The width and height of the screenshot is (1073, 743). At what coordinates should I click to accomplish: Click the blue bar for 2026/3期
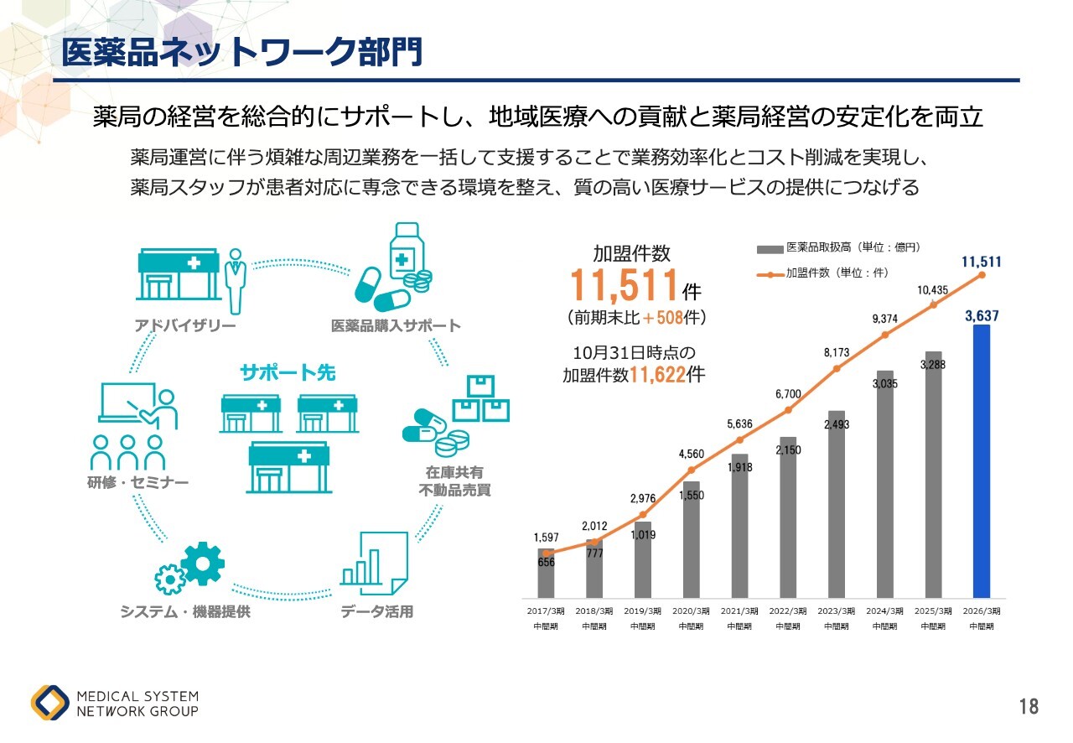point(981,461)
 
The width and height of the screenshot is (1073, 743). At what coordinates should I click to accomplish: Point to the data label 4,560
point(692,455)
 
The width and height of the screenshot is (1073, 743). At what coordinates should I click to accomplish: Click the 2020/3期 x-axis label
point(692,618)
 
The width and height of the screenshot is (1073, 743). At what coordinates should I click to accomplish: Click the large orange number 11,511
point(624,286)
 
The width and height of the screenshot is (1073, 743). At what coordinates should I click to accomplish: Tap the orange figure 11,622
point(657,375)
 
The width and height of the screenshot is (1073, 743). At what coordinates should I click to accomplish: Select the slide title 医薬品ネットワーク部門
point(241,52)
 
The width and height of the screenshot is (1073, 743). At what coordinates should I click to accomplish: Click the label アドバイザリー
point(185,325)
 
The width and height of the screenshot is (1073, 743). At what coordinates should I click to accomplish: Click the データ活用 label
point(377,611)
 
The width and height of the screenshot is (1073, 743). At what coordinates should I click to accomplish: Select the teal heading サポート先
point(288,372)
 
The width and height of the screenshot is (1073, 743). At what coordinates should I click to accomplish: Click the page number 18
point(1029,706)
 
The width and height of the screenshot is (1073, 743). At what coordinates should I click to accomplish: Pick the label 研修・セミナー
point(137,482)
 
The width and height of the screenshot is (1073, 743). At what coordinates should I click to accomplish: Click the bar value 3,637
point(981,316)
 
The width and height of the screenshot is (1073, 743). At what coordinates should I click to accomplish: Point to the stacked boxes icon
point(481,398)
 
